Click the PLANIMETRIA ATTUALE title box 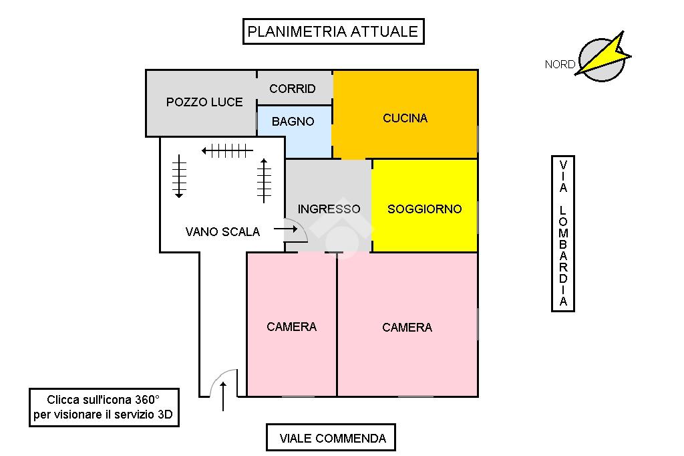point(333,31)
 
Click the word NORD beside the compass point(559,65)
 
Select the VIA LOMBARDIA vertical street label point(563,233)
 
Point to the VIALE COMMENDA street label point(332,439)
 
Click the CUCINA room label point(405,118)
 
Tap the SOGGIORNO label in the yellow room point(424,209)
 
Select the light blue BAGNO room point(293,122)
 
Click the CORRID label point(293,89)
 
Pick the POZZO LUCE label point(204,102)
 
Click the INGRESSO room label point(329,209)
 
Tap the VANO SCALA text point(222,231)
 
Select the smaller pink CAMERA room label point(291,326)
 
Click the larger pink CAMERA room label point(407,327)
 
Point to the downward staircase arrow point(179,177)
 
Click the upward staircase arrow point(264,180)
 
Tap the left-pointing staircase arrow point(227,151)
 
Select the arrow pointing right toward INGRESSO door point(285,229)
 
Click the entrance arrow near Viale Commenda point(223,396)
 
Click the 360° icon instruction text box point(103,407)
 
